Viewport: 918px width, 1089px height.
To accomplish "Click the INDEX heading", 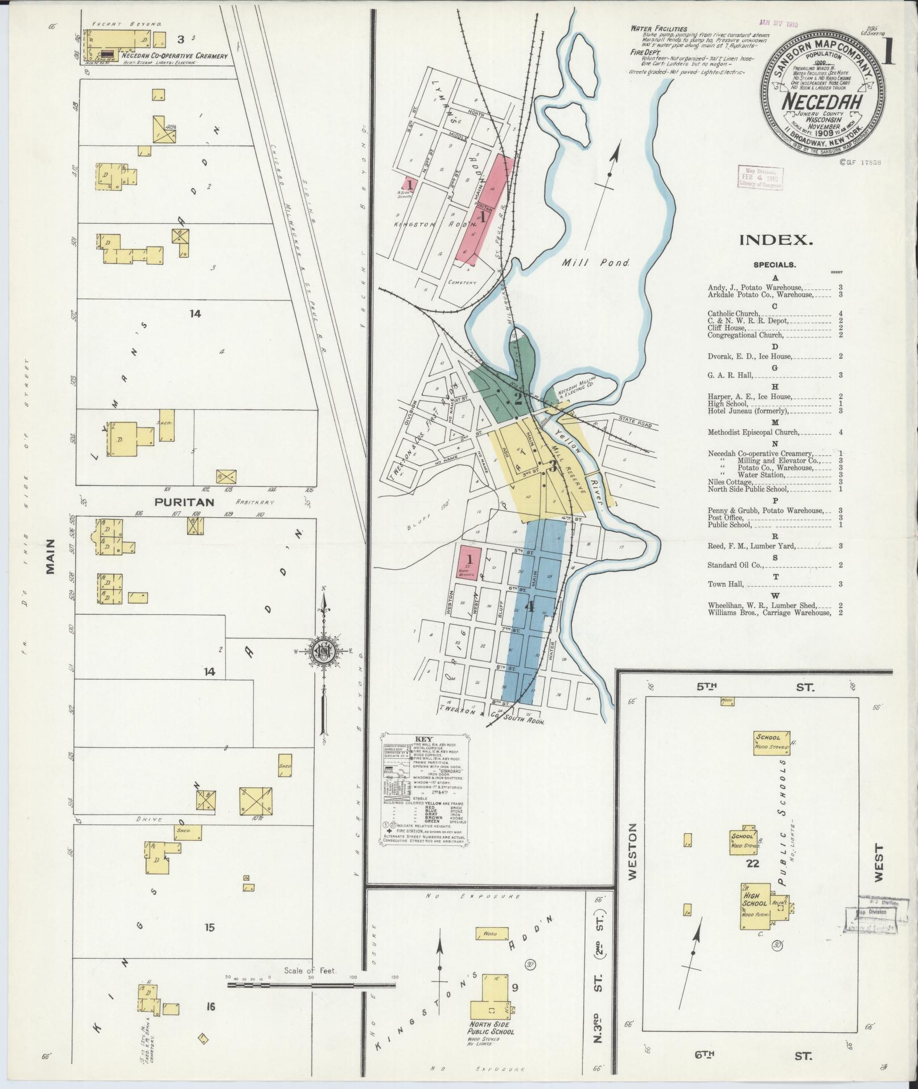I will point(776,240).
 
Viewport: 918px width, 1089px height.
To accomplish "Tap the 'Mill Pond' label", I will point(595,263).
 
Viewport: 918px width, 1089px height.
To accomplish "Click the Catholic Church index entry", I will point(733,314).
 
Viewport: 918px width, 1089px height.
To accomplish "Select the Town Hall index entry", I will point(726,584).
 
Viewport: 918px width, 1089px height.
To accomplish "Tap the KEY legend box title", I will point(425,739).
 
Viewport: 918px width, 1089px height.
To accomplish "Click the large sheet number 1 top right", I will point(889,55).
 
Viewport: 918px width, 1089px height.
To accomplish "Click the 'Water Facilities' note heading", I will point(658,29).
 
